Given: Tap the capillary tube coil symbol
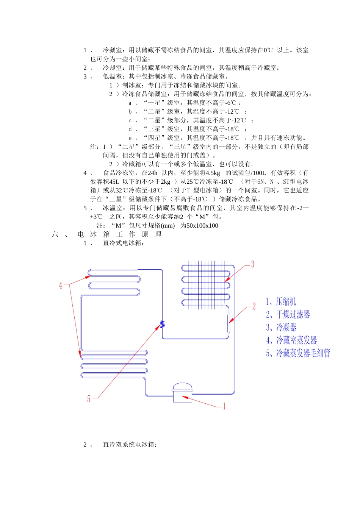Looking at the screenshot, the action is pos(162,324).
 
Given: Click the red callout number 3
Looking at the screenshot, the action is pos(253,264).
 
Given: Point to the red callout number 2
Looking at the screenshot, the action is pos(254,306).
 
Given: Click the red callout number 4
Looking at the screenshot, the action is pos(60,285).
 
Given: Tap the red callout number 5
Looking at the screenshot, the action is pos(89,399).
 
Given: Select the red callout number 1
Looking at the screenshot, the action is pos(224,407).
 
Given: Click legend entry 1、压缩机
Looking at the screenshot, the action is pos(281,302).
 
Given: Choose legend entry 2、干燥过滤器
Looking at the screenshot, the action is pos(288,314).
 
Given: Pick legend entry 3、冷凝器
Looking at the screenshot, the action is pos(281,327).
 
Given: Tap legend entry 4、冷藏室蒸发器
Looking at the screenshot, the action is pos(291,340).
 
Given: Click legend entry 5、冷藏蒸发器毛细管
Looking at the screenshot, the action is pos(298,353).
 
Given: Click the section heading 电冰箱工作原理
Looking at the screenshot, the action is pos(119,234).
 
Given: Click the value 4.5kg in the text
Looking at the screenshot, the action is pos(213,173).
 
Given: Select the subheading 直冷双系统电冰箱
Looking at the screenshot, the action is pos(129,445).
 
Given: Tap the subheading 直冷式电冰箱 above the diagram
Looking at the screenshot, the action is pos(123,243).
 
